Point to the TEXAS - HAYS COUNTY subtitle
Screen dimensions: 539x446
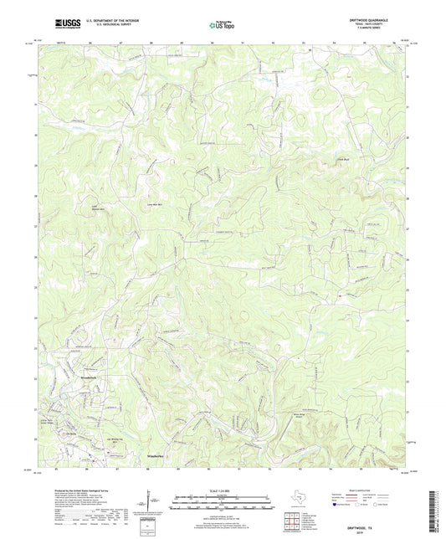tap(379, 25)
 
